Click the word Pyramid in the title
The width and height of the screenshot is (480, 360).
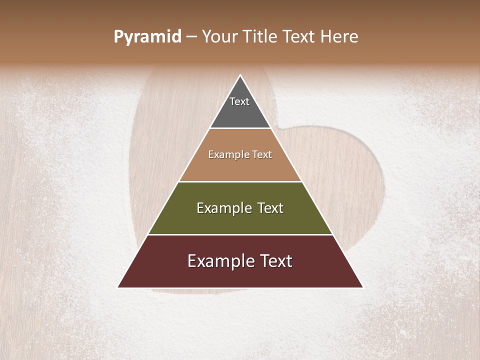147,37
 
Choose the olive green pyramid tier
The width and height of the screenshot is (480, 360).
240,220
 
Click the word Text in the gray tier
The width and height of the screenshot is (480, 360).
239,101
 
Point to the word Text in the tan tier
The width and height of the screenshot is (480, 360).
262,155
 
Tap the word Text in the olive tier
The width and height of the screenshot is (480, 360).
270,208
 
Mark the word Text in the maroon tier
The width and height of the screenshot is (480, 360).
276,261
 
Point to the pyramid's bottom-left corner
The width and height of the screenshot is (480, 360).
118,287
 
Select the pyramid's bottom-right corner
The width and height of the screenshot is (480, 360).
362,287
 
